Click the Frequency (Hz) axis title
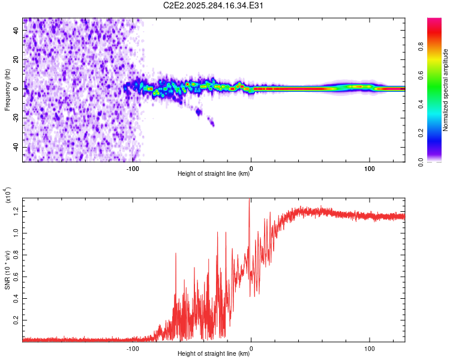point(8,89)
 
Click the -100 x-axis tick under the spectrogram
point(133,169)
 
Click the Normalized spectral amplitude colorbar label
point(446,90)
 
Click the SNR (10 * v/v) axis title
point(8,267)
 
